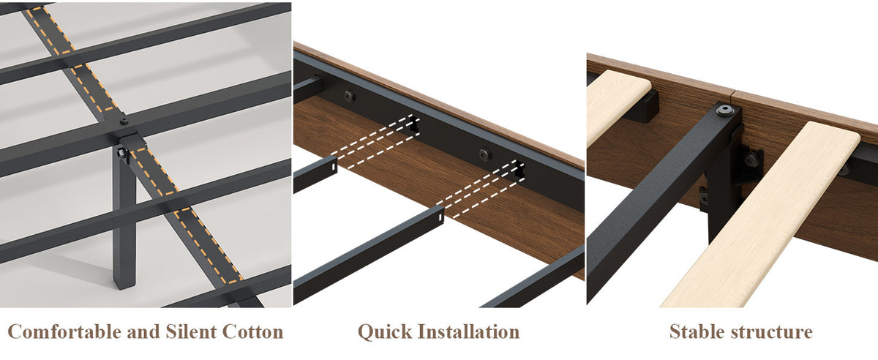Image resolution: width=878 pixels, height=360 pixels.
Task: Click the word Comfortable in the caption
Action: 64,331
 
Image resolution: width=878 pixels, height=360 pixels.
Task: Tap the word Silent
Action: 191,331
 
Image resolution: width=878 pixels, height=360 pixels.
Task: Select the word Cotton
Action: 253,331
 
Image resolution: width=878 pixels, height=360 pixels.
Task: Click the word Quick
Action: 386,332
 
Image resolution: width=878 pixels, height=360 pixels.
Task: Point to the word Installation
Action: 469,331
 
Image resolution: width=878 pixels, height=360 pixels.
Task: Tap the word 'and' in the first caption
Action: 143,331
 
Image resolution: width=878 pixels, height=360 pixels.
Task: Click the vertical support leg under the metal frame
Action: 124,220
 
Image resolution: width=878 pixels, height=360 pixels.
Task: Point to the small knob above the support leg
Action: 124,121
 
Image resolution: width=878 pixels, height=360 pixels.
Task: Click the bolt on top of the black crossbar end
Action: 726,110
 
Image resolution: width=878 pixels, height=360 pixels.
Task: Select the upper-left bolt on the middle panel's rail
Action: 349,96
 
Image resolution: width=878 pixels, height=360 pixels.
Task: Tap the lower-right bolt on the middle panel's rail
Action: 484,154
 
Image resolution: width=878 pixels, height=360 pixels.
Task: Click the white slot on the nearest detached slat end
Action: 440,215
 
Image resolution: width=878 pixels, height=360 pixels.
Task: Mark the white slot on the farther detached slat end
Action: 334,166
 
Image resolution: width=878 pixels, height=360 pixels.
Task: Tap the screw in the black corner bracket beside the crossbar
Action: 751,160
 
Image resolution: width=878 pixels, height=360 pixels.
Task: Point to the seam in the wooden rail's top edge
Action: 733,94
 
